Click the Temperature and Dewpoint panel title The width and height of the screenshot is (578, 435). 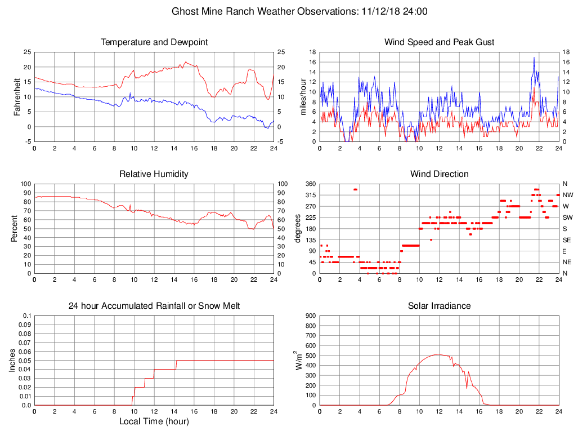pos(154,42)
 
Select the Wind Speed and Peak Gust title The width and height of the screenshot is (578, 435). pos(439,42)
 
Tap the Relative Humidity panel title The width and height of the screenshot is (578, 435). pos(154,174)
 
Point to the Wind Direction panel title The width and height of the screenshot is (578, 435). pos(439,174)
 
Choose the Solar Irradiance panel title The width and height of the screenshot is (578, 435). pos(439,306)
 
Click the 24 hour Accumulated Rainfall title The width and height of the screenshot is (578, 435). pos(154,306)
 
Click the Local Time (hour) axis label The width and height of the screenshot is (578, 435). pos(154,421)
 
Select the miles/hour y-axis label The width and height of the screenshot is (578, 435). pos(303,97)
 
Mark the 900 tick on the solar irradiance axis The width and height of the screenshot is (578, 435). pos(309,316)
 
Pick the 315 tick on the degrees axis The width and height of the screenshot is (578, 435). pos(309,195)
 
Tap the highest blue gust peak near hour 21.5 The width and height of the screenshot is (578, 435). pos(534,57)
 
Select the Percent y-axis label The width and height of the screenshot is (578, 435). pos(14,229)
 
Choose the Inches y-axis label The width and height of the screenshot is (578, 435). pos(12,361)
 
